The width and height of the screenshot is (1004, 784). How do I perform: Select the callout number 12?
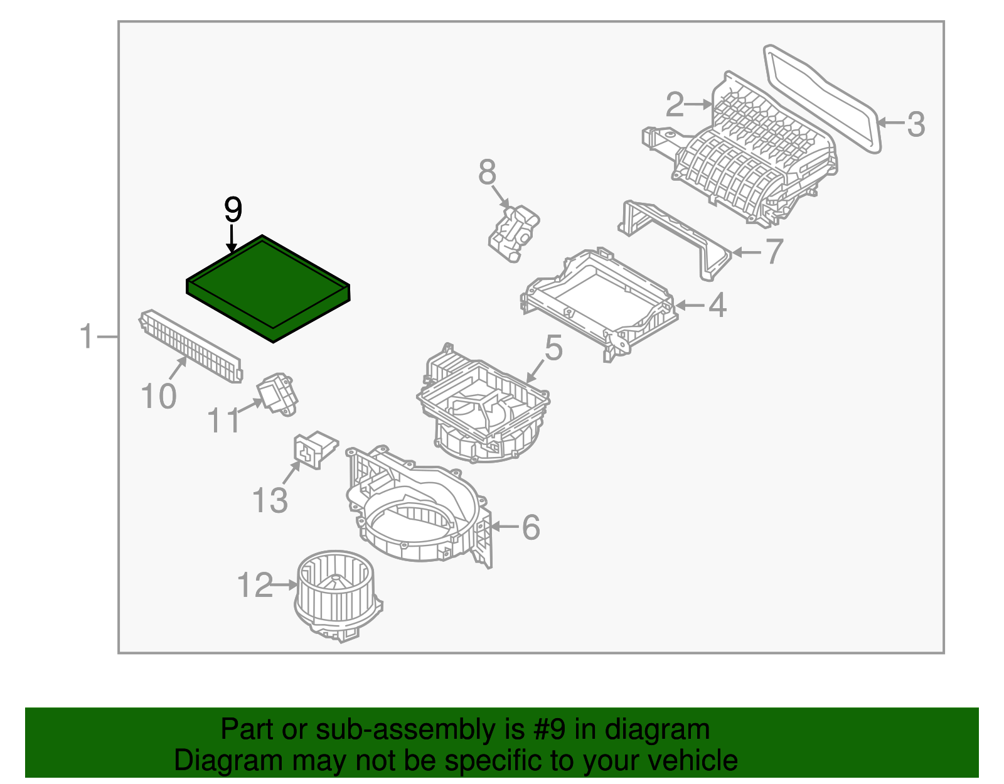pyautogui.click(x=255, y=585)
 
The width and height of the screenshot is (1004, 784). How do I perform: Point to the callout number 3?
pyautogui.click(x=916, y=124)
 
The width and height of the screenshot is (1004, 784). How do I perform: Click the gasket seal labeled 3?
pyautogui.click(x=822, y=97)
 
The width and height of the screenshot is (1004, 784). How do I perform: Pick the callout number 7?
pyautogui.click(x=774, y=251)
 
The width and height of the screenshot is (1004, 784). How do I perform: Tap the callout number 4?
pyautogui.click(x=717, y=305)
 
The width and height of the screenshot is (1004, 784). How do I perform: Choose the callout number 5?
pyautogui.click(x=553, y=348)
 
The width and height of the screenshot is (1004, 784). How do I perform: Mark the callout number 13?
pyautogui.click(x=270, y=500)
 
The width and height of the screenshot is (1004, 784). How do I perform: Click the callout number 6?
pyautogui.click(x=531, y=527)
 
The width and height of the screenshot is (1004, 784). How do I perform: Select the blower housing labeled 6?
pyautogui.click(x=414, y=508)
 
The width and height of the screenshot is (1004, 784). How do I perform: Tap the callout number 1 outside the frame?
pyautogui.click(x=87, y=336)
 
